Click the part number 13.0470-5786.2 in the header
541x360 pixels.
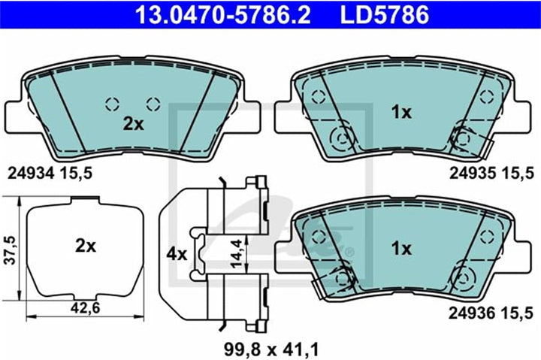pyautogui.click(x=223, y=14)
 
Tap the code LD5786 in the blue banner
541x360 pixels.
pyautogui.click(x=385, y=14)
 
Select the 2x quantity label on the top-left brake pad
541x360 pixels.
pyautogui.click(x=134, y=124)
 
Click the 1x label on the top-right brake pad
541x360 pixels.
pyautogui.click(x=401, y=112)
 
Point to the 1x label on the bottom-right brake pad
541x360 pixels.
pyautogui.click(x=401, y=249)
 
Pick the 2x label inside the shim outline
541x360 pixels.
pyautogui.click(x=86, y=246)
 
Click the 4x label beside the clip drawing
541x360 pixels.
pyautogui.click(x=177, y=254)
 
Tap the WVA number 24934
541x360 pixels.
pyautogui.click(x=31, y=174)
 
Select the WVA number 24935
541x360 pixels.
pyautogui.click(x=473, y=174)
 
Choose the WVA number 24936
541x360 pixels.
pyautogui.click(x=473, y=313)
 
